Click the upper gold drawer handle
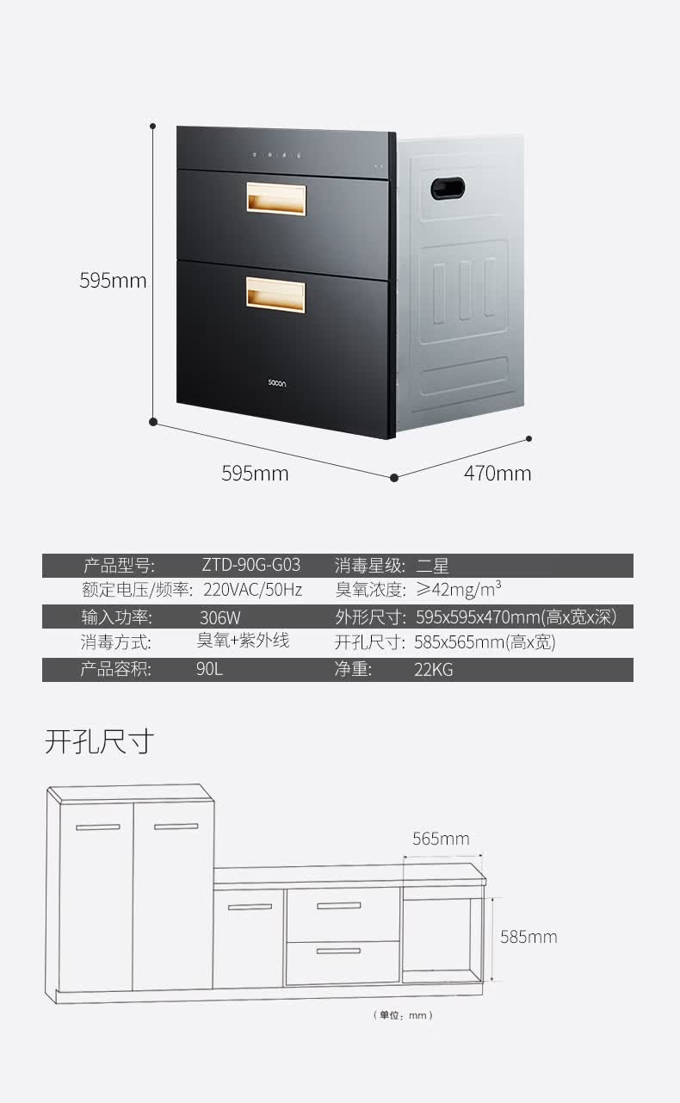pos(275,197)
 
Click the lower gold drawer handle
pos(275,294)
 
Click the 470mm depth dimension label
pos(498,474)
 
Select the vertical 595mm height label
pos(113,281)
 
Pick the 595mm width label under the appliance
pos(255,474)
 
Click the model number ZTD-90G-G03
pos(251,566)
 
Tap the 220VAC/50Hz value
pos(253,591)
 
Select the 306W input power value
pos(219,617)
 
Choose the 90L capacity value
pos(209,669)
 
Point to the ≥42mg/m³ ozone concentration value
pos(458,590)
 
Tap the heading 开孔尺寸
pos(99,740)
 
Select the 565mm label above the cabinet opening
pos(441,839)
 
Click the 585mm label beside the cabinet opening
pos(529,937)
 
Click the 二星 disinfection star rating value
pos(432,566)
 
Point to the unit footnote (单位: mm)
pos(403,1015)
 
